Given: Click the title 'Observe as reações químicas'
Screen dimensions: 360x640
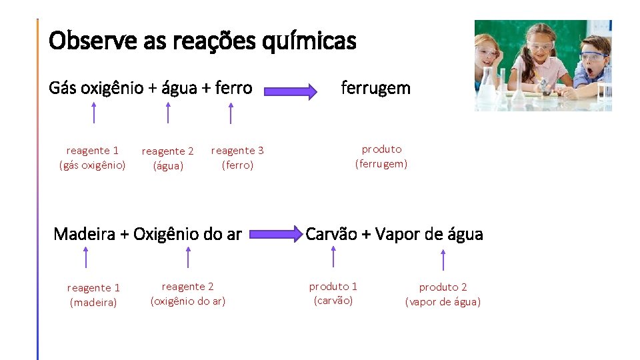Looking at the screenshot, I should (203, 41).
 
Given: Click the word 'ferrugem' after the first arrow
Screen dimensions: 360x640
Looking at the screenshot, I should (375, 88).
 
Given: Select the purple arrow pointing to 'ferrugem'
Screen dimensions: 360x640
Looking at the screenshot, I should (289, 91).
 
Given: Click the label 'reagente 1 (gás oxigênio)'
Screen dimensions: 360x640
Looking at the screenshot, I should (93, 158).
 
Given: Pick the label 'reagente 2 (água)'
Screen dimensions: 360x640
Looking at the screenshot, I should (168, 159).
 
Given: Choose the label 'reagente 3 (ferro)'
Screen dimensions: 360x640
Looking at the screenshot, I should (237, 158).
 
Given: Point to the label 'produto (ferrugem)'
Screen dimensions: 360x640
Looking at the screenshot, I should (381, 157).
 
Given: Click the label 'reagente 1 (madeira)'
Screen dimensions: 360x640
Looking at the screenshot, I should (93, 295).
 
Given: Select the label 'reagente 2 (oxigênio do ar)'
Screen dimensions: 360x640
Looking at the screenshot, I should (188, 294).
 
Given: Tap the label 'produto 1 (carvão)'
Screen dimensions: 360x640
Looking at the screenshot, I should (333, 293).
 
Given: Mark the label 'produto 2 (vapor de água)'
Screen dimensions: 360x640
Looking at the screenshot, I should (443, 295).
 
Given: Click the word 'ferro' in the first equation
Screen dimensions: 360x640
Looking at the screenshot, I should (233, 88).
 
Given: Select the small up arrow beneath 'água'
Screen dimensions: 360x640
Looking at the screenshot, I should (168, 113).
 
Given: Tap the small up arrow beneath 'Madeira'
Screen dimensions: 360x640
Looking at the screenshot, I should (85, 257).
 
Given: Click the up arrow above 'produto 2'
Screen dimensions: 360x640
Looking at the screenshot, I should (443, 259).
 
